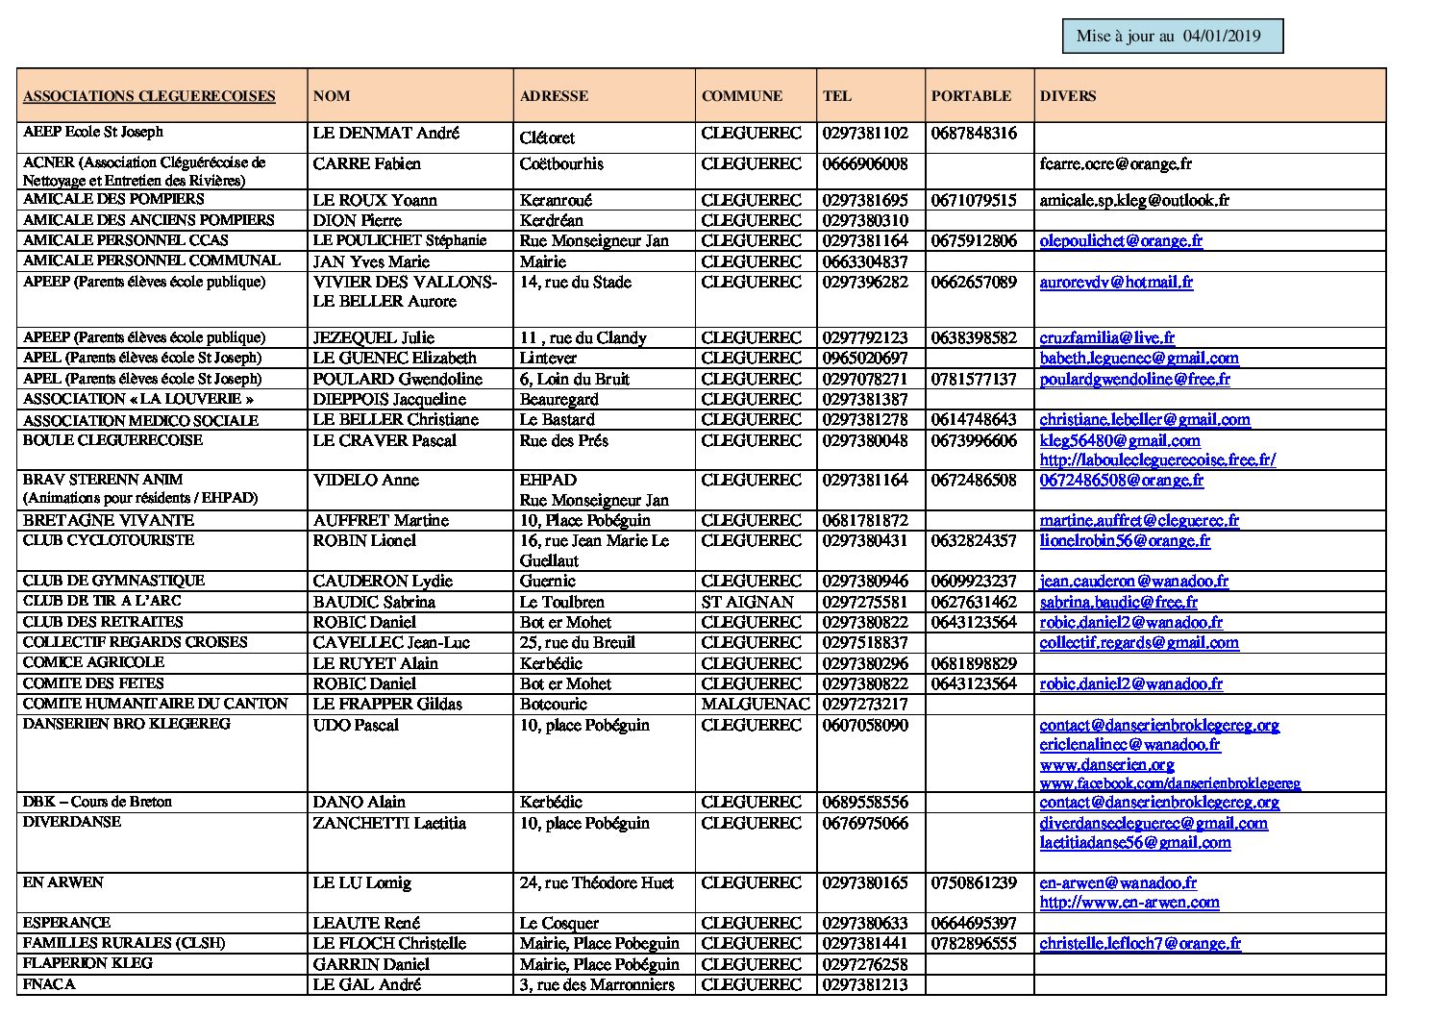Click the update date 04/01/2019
1222,37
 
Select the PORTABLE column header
971,96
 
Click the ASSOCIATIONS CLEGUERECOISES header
149,96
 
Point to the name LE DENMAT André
385,134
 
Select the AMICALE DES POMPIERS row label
113,199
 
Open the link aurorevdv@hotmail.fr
1116,283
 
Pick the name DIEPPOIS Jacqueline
389,399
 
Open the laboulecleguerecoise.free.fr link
1157,459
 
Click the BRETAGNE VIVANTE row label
109,520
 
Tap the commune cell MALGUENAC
756,704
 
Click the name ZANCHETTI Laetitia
389,823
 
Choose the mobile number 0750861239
974,882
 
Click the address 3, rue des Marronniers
597,984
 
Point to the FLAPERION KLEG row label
87,963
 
